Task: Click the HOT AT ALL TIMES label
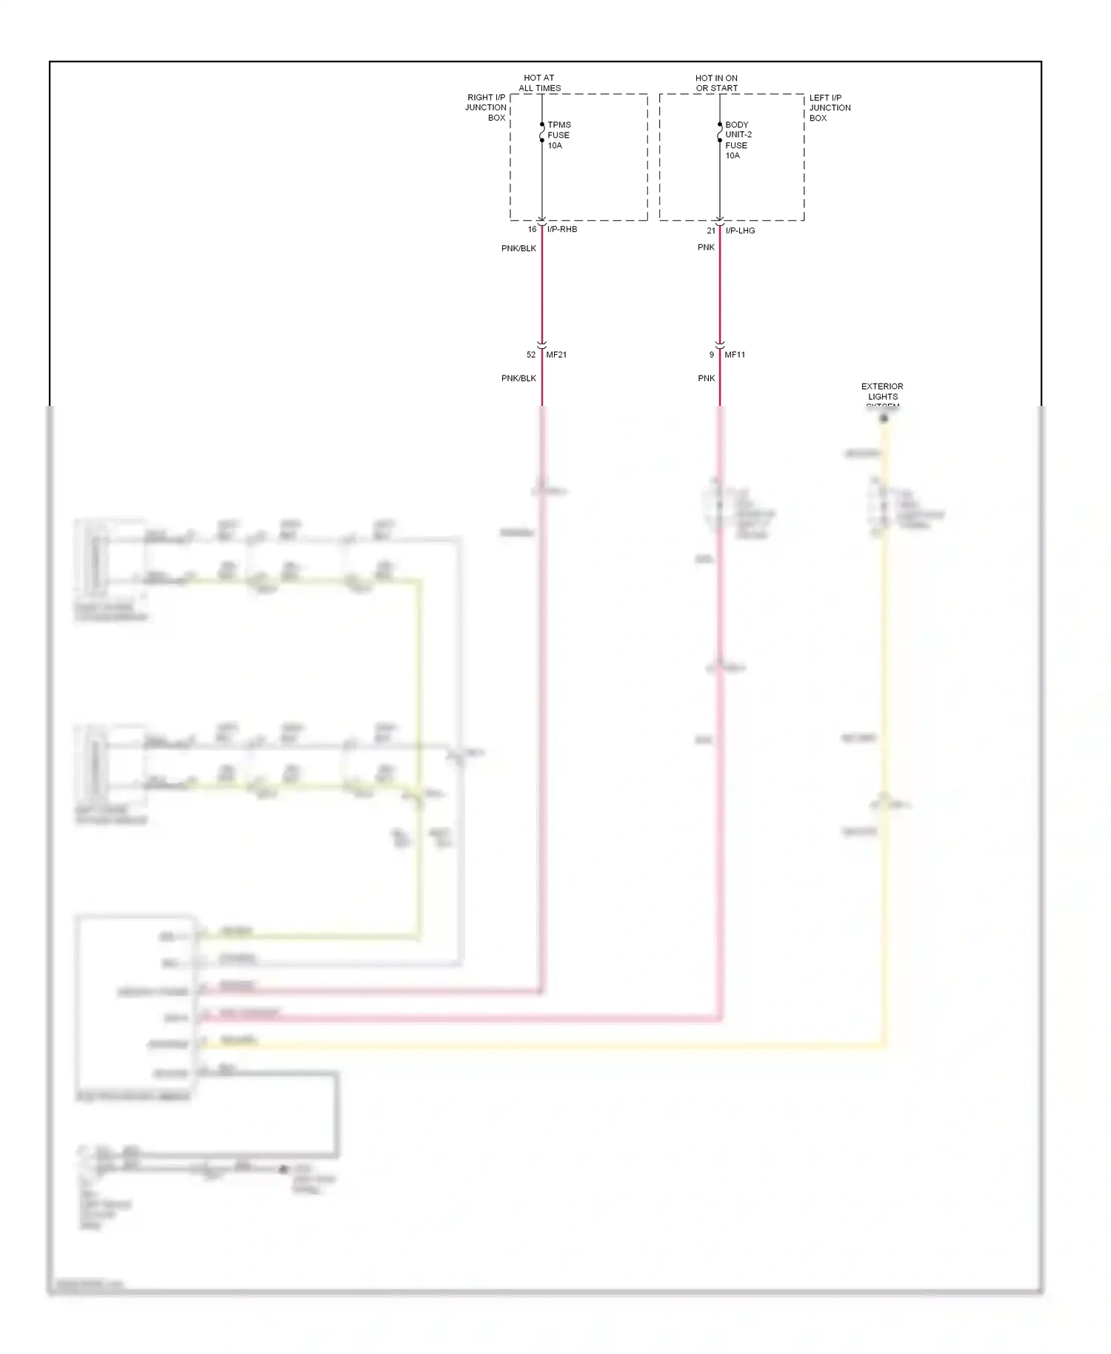(x=539, y=83)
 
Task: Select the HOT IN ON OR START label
(x=716, y=83)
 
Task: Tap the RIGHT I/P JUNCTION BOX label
(x=486, y=107)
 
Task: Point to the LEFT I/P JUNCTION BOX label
(x=830, y=107)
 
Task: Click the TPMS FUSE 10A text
(x=558, y=136)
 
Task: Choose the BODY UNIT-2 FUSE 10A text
(x=738, y=140)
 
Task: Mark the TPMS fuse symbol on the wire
(x=542, y=133)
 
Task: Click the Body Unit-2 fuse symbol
(x=720, y=133)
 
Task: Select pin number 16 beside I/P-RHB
(x=532, y=230)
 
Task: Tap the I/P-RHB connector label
(x=562, y=230)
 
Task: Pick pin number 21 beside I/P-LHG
(x=711, y=231)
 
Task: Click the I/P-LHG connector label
(x=740, y=231)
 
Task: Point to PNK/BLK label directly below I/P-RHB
(x=518, y=249)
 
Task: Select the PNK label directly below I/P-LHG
(x=706, y=247)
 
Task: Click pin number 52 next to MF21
(x=531, y=355)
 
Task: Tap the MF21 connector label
(x=556, y=355)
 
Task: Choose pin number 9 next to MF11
(x=712, y=355)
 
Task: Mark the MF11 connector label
(x=735, y=355)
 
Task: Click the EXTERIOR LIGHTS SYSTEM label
(x=882, y=396)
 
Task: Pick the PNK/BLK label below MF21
(x=518, y=378)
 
